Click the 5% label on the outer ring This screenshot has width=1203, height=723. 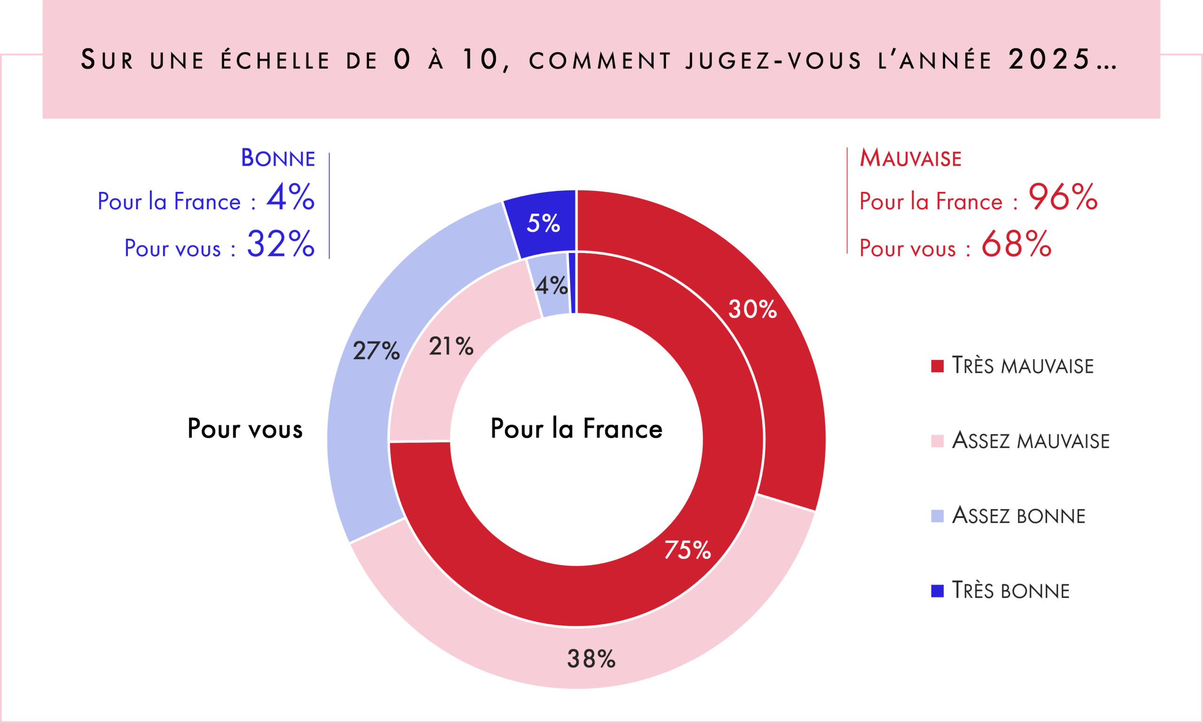[543, 223]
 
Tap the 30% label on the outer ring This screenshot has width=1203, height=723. [752, 309]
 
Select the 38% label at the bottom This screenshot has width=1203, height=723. [591, 659]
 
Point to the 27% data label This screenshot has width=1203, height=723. [376, 351]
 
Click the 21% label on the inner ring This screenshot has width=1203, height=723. [451, 346]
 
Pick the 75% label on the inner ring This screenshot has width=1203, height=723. [687, 550]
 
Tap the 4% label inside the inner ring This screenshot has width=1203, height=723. [551, 285]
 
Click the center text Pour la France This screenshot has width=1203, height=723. [576, 429]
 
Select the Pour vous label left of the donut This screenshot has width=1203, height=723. [245, 429]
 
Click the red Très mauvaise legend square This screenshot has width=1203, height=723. [937, 366]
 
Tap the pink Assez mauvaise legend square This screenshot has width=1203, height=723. [937, 441]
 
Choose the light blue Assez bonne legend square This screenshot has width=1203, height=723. [937, 516]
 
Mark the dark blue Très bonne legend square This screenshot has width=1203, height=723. [937, 591]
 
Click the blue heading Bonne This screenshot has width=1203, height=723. [278, 158]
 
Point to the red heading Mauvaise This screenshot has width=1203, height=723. [910, 158]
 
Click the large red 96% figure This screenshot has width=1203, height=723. [1063, 197]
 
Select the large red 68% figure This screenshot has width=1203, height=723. [1016, 244]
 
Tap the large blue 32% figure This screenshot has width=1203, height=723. [281, 244]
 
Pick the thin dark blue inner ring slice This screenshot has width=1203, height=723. [573, 283]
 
